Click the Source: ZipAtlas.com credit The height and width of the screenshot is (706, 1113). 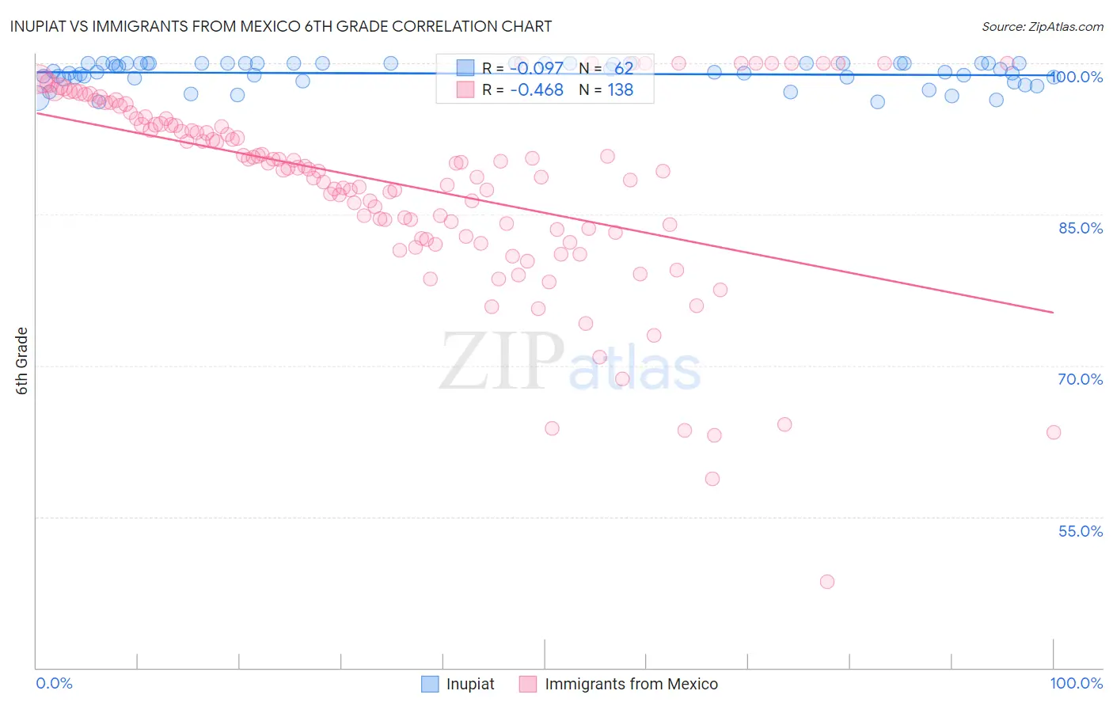pyautogui.click(x=1042, y=26)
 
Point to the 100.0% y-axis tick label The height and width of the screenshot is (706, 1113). pyautogui.click(x=1077, y=77)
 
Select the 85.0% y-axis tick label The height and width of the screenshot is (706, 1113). pyautogui.click(x=1080, y=228)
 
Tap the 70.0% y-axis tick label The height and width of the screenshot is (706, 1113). pyautogui.click(x=1080, y=379)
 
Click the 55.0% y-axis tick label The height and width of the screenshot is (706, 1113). pyautogui.click(x=1080, y=531)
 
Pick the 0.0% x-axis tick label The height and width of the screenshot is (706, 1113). pyautogui.click(x=54, y=683)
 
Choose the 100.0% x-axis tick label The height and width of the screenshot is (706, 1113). pyautogui.click(x=1076, y=683)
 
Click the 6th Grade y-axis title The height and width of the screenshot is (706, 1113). pyautogui.click(x=22, y=360)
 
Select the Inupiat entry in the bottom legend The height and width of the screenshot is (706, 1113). pyautogui.click(x=469, y=684)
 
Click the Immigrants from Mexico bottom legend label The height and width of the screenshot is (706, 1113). pyautogui.click(x=631, y=684)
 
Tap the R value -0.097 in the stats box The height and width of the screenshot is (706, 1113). pyautogui.click(x=537, y=68)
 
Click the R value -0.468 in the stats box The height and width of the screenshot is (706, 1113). pyautogui.click(x=537, y=90)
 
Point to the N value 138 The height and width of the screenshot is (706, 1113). pyautogui.click(x=620, y=90)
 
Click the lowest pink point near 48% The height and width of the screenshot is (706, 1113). pyautogui.click(x=827, y=582)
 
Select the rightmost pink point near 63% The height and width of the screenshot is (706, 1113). pyautogui.click(x=1054, y=432)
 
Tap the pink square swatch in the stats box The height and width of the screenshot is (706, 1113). pyautogui.click(x=465, y=90)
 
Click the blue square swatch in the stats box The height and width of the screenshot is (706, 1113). pyautogui.click(x=465, y=68)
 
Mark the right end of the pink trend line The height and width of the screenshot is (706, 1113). pyautogui.click(x=1054, y=313)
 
